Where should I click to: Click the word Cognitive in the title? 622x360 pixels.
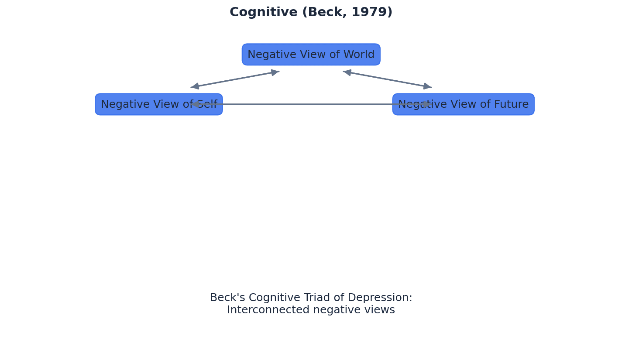tap(263, 12)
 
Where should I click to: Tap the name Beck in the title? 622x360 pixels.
tap(322, 12)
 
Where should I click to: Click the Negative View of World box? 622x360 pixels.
tap(311, 55)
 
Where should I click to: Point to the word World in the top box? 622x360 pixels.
tap(358, 55)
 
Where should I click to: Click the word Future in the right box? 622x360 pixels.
tap(512, 104)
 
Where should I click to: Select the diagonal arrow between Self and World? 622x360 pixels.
tap(235, 79)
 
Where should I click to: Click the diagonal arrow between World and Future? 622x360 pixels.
tap(387, 79)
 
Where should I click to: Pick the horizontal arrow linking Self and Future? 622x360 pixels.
tap(311, 104)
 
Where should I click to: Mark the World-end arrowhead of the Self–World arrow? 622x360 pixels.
tap(275, 72)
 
